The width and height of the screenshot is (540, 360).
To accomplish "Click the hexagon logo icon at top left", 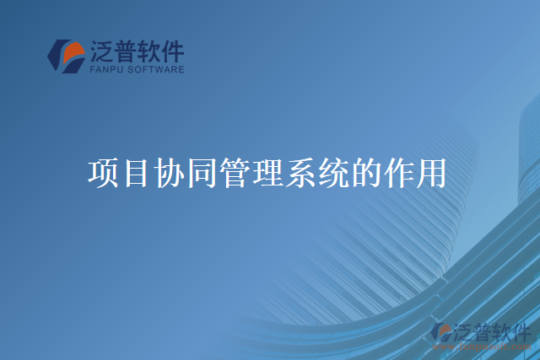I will (x=65, y=56).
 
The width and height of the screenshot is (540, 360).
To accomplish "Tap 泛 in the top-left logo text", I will (x=100, y=52).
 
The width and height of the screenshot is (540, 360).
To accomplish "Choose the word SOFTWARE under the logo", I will (x=154, y=71).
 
